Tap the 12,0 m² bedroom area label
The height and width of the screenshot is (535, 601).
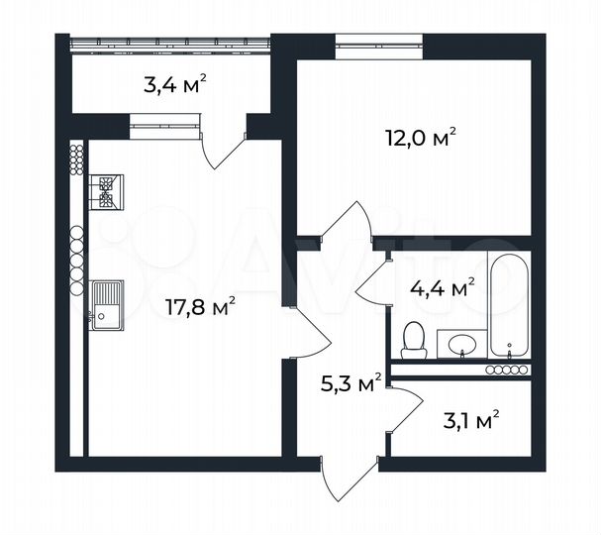420,138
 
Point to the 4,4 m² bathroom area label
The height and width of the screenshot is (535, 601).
442,288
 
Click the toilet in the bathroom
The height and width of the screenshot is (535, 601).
415,339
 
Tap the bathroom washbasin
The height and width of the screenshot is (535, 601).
460,345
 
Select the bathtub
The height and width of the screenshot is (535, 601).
510,304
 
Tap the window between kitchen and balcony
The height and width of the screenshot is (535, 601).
163,122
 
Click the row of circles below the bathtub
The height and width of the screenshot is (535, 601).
507,370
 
